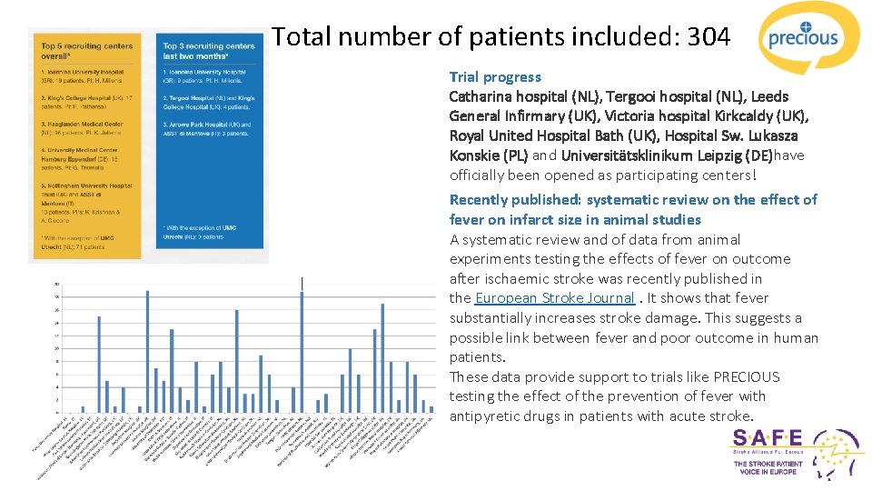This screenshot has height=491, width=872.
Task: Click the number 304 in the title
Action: tap(708, 37)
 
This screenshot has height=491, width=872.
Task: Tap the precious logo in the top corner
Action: tap(803, 38)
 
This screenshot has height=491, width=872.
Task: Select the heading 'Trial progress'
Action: tap(495, 77)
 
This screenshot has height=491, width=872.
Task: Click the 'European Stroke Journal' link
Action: tap(554, 298)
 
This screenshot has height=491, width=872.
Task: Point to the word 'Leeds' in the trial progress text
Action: tap(769, 96)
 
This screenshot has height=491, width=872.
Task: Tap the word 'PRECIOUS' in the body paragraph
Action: tap(746, 377)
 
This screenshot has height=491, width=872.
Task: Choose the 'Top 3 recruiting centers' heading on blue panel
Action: tap(209, 51)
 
